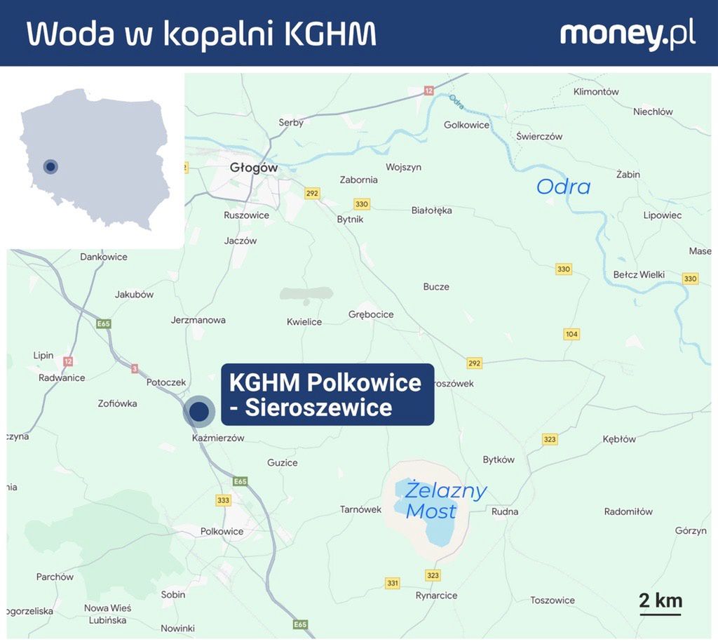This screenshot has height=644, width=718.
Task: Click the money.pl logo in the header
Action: tap(628, 34)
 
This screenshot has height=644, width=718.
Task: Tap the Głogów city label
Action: tap(254, 168)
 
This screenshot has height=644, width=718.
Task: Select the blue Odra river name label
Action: tap(563, 187)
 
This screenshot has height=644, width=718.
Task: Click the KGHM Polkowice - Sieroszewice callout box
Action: tap(327, 394)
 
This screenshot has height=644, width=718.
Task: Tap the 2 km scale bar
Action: tap(660, 603)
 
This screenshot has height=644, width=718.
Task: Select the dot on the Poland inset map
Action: tap(50, 167)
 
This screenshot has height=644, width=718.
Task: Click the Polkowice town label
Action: tap(222, 531)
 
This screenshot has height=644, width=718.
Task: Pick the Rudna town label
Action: tap(505, 511)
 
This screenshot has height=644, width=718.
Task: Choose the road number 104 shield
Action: tap(571, 334)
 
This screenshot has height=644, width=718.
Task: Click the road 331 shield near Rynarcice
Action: tap(393, 583)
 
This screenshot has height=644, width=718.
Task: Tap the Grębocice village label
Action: tap(371, 314)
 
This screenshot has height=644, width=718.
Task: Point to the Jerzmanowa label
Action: tap(198, 320)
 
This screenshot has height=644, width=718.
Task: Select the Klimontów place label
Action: tap(596, 92)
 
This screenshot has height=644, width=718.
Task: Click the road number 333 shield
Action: tap(224, 500)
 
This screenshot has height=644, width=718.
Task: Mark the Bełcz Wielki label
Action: tap(639, 274)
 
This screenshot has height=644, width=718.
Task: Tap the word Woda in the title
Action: tap(69, 34)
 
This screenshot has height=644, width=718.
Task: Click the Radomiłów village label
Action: tap(628, 511)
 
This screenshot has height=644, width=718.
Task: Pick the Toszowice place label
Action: tap(553, 600)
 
